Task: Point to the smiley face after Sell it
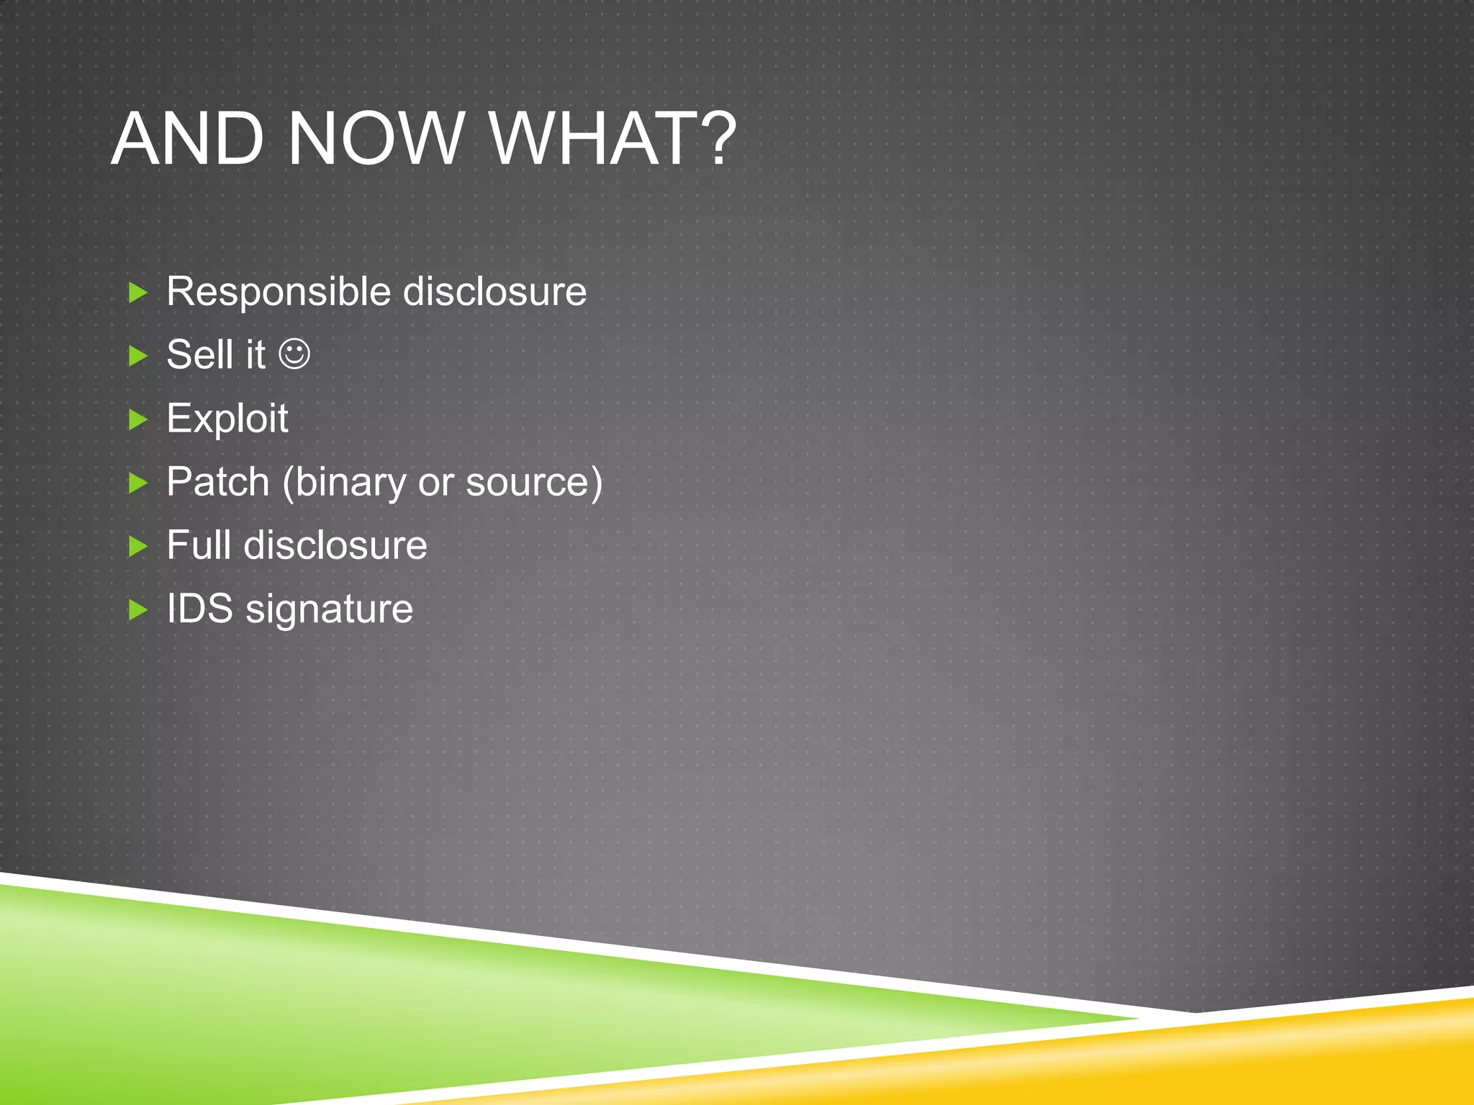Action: pyautogui.click(x=294, y=354)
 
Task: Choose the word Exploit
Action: pyautogui.click(x=227, y=419)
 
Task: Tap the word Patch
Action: pyautogui.click(x=218, y=481)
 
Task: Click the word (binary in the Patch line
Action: pyautogui.click(x=344, y=483)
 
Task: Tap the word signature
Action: pyautogui.click(x=329, y=610)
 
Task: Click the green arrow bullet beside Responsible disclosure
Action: pyautogui.click(x=137, y=293)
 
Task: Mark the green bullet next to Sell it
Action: pyautogui.click(x=137, y=355)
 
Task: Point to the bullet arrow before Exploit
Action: pyautogui.click(x=137, y=419)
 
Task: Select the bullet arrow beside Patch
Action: pyautogui.click(x=137, y=483)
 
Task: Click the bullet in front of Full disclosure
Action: pyautogui.click(x=137, y=546)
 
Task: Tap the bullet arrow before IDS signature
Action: pyautogui.click(x=137, y=610)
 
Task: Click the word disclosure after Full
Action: pyautogui.click(x=335, y=545)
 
